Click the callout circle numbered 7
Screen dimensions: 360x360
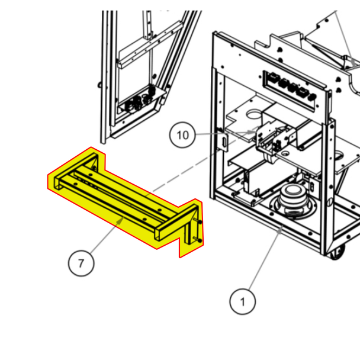(82, 262)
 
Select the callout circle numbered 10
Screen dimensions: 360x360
(182, 135)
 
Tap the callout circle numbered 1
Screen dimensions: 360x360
(242, 302)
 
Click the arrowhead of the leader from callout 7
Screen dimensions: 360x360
(124, 217)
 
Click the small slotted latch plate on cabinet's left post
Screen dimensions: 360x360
(225, 142)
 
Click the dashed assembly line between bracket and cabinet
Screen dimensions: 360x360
(178, 178)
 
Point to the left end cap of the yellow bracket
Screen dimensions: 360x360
(54, 183)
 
